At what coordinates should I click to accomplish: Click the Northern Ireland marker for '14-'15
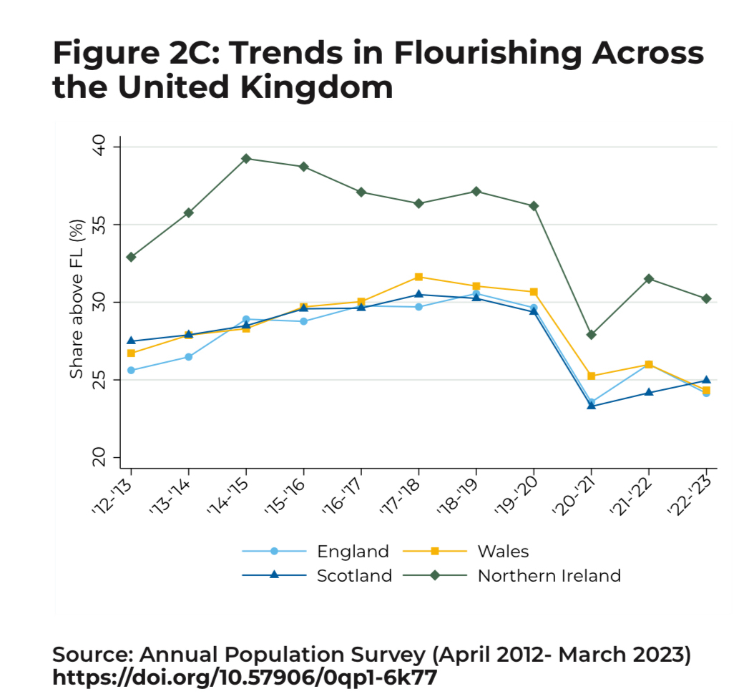click(246, 158)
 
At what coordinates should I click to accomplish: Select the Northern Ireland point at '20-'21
click(591, 334)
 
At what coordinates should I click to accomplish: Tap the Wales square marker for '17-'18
click(418, 277)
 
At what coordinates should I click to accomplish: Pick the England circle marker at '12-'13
click(131, 370)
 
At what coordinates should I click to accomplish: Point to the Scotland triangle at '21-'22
click(649, 392)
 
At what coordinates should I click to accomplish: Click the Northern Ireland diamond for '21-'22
click(649, 278)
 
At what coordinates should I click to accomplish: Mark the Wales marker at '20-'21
click(591, 376)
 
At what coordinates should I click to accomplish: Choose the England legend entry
click(353, 551)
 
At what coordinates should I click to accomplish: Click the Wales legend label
click(503, 551)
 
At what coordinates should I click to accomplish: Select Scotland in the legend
click(354, 575)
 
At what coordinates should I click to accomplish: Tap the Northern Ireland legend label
click(549, 575)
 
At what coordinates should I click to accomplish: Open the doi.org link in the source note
click(244, 677)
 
